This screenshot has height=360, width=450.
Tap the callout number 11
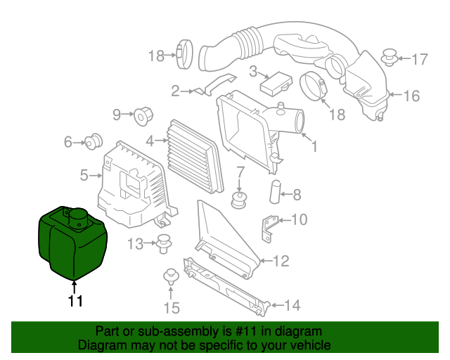click(75, 301)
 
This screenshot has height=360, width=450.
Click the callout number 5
click(84, 175)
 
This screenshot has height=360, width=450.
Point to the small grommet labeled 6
click(92, 143)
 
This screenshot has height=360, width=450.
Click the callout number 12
click(281, 262)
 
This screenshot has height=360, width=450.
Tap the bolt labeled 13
click(166, 245)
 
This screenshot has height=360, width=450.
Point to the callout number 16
click(411, 96)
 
